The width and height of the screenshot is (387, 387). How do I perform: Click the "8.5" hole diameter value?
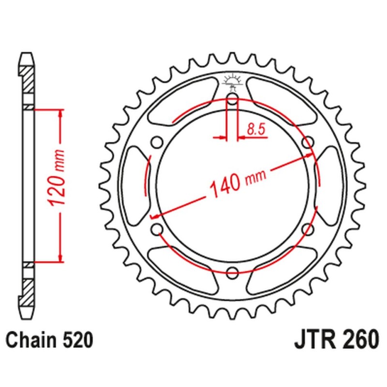pyautogui.click(x=255, y=129)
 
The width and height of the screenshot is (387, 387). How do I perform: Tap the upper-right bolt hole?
pyautogui.click(x=307, y=143)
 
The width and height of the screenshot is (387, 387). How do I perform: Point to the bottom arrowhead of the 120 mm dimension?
pyautogui.click(x=60, y=258)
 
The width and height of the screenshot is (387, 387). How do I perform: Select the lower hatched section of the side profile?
pyautogui.click(x=28, y=290)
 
